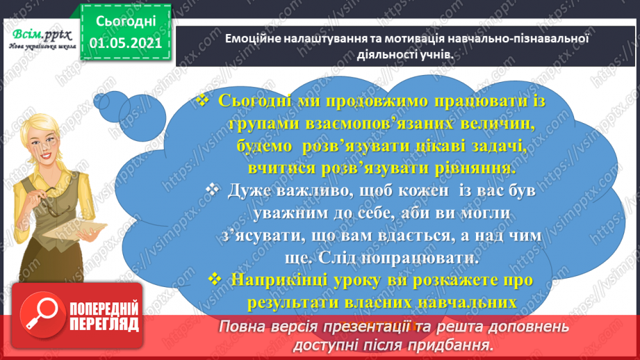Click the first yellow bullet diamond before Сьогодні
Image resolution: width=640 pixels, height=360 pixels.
[x=203, y=101]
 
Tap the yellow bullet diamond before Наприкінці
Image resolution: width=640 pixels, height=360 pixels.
[x=215, y=279]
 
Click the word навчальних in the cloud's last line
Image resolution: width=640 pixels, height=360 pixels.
[x=473, y=303]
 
